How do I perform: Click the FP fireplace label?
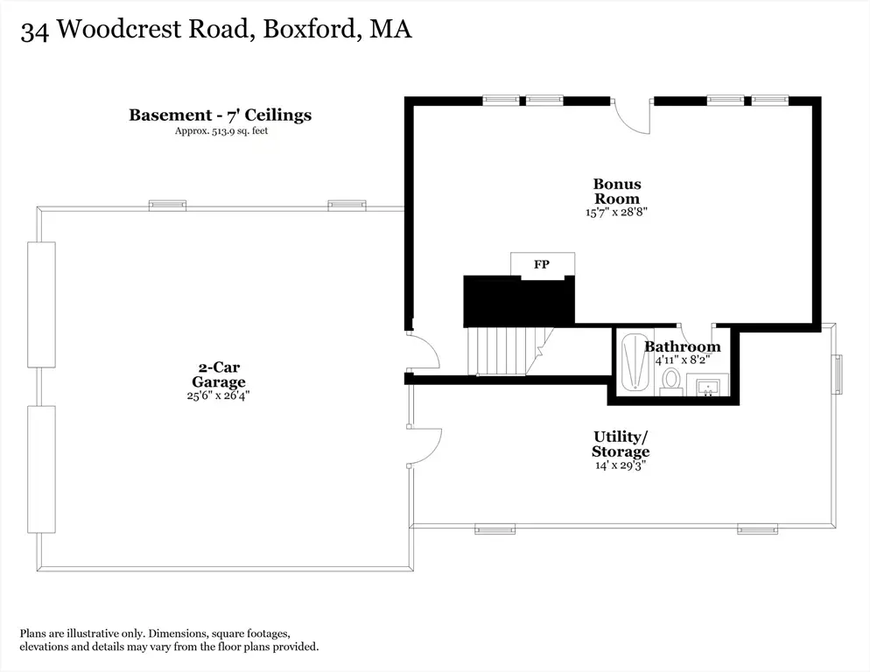click(x=542, y=264)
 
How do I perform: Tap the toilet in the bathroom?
click(x=671, y=381)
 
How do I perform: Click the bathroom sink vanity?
click(x=707, y=385)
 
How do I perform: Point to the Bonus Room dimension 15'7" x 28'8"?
click(x=616, y=212)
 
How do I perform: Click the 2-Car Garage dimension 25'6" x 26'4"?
click(x=219, y=395)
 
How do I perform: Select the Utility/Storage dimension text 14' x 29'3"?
click(x=621, y=465)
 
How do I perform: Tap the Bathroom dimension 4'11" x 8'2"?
click(x=683, y=360)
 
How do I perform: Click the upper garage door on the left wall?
click(x=42, y=304)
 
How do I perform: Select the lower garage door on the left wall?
click(x=42, y=469)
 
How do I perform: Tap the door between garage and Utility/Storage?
click(x=425, y=447)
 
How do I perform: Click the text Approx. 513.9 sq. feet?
click(x=221, y=131)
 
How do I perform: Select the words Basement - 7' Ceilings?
click(x=221, y=115)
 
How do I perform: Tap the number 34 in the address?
click(x=34, y=31)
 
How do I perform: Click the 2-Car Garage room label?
click(x=219, y=374)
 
